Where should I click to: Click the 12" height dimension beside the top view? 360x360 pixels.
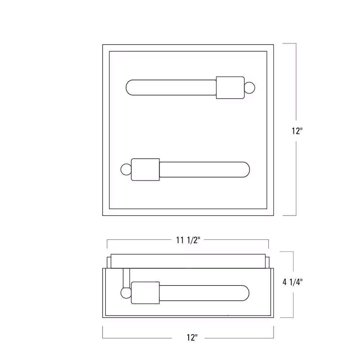point(297,131)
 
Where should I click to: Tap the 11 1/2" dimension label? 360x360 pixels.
point(188,240)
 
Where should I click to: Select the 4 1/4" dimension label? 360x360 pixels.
point(292,282)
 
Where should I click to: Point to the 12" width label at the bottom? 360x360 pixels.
point(192,338)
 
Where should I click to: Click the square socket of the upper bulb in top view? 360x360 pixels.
point(230,88)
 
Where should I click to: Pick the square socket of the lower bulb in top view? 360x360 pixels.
point(145,170)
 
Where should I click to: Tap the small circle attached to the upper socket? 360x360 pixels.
point(249,88)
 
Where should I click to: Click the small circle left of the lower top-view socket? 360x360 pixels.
point(126,170)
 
